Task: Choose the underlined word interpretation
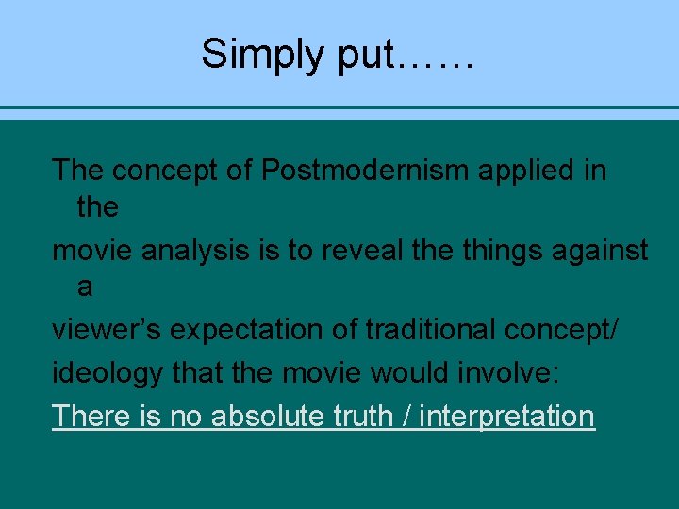(507, 416)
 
